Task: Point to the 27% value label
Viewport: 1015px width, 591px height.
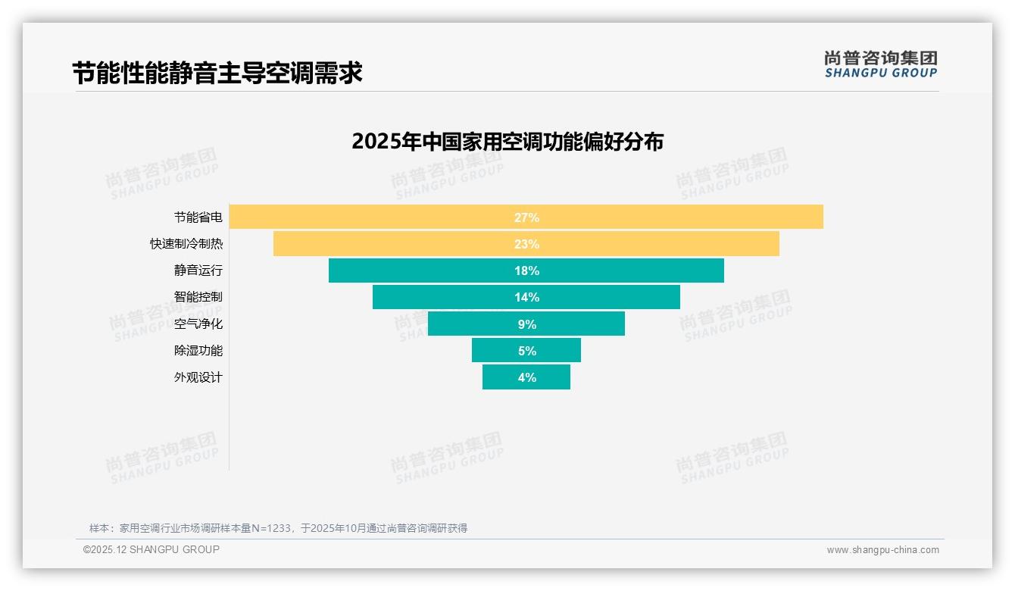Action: [x=526, y=217]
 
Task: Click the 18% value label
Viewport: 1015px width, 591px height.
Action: [x=526, y=270]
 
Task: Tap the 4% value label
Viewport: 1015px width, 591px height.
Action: [x=526, y=377]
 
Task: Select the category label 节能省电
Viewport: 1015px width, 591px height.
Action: [x=198, y=217]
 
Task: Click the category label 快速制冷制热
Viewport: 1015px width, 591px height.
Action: [x=186, y=244]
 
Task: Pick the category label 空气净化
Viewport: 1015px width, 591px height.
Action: [x=198, y=324]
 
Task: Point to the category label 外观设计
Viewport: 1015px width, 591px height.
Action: [x=198, y=377]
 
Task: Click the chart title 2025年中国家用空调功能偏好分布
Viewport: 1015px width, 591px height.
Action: [x=507, y=142]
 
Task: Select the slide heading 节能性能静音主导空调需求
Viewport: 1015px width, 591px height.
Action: [x=217, y=73]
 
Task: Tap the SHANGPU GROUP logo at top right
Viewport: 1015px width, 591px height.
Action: [x=880, y=64]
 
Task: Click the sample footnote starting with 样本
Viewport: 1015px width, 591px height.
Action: [x=278, y=528]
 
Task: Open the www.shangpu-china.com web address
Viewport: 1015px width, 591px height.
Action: [x=882, y=550]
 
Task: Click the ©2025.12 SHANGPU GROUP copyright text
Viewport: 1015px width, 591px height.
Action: [x=151, y=549]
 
